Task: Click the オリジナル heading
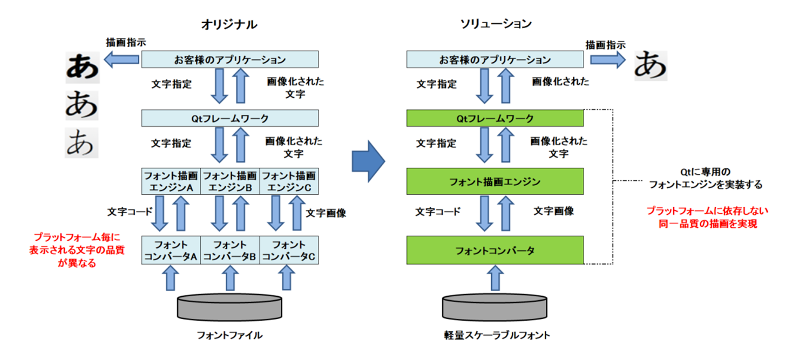pyautogui.click(x=229, y=24)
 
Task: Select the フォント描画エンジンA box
pyautogui.click(x=171, y=181)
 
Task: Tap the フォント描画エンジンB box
pyautogui.click(x=230, y=181)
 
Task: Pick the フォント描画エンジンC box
pyautogui.click(x=289, y=181)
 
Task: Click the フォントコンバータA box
pyautogui.click(x=171, y=250)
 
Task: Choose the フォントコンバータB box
pyautogui.click(x=230, y=250)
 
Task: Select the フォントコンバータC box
pyautogui.click(x=289, y=250)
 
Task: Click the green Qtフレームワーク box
pyautogui.click(x=495, y=118)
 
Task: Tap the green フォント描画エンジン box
pyautogui.click(x=495, y=181)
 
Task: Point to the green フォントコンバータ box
pyautogui.click(x=495, y=250)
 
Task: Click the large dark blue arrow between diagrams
pyautogui.click(x=368, y=160)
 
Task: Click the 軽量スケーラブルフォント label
pyautogui.click(x=495, y=336)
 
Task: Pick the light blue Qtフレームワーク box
pyautogui.click(x=230, y=118)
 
